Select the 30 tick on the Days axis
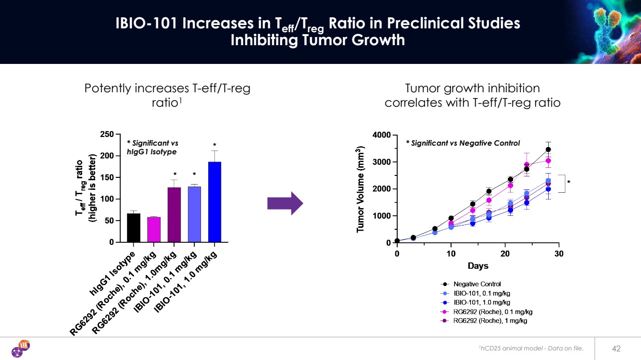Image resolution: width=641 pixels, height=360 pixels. coord(558,253)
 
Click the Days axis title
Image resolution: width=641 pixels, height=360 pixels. coord(478,266)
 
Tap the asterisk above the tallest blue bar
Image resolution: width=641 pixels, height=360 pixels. coord(215,145)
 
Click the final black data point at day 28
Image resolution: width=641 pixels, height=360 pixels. coord(548,149)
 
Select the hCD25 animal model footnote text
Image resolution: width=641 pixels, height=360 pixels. coord(531,348)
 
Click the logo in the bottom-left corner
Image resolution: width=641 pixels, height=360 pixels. coord(21,348)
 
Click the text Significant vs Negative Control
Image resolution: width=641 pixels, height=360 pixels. coord(463,143)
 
